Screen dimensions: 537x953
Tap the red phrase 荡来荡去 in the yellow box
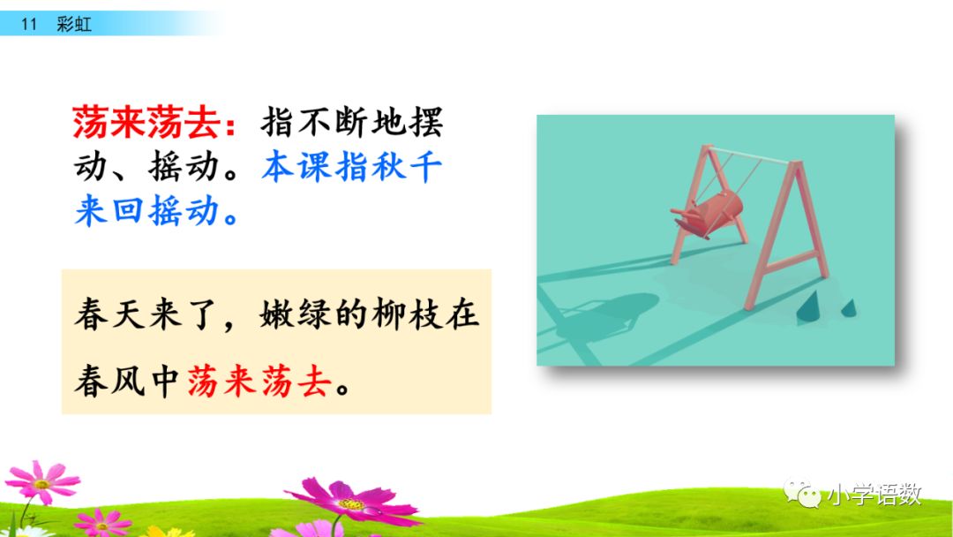point(262,382)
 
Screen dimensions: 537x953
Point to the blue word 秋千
point(404,168)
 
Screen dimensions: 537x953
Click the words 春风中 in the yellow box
point(129,382)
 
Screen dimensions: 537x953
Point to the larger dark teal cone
point(810,307)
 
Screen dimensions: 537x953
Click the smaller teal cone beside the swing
point(848,307)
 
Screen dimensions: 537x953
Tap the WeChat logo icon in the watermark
point(801,493)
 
